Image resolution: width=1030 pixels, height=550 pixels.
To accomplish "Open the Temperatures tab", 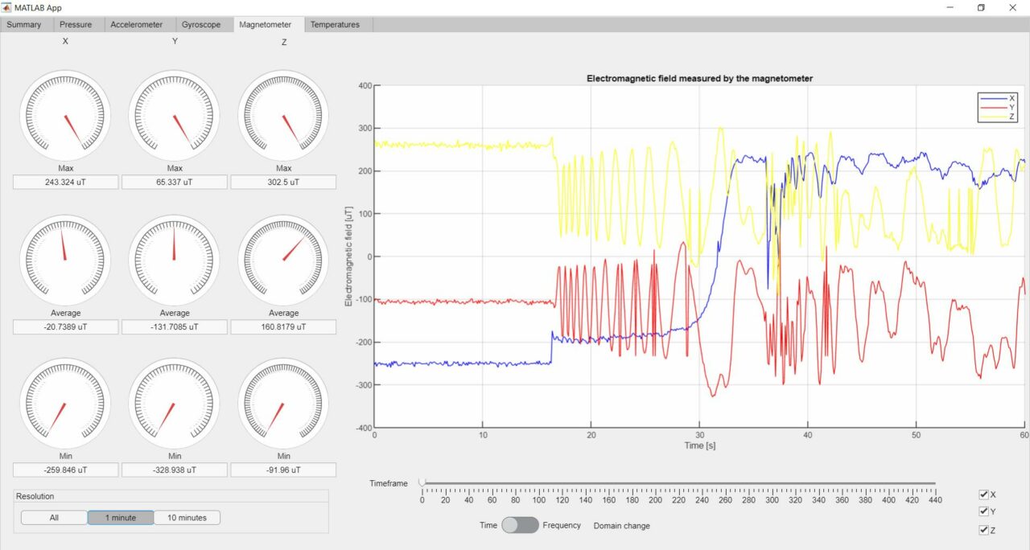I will pyautogui.click(x=335, y=25).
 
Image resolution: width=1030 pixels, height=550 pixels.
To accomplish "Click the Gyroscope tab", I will pyautogui.click(x=201, y=25).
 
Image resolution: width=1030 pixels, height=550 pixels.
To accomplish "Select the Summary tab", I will pyautogui.click(x=24, y=25).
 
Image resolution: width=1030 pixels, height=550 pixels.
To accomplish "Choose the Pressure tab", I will pyautogui.click(x=76, y=25).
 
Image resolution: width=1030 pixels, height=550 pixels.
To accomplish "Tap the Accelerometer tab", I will pyautogui.click(x=136, y=25).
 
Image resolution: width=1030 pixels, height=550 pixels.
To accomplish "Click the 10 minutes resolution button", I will pyautogui.click(x=187, y=518).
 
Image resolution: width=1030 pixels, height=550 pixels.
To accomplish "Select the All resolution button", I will pyautogui.click(x=54, y=518).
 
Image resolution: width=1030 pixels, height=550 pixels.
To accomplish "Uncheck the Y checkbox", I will pyautogui.click(x=984, y=511).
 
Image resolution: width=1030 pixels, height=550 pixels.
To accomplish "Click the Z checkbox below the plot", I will pyautogui.click(x=984, y=530).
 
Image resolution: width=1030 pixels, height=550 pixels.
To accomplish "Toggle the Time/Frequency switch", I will pyautogui.click(x=520, y=525).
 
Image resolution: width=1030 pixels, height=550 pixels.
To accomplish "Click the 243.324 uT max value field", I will pyautogui.click(x=65, y=183).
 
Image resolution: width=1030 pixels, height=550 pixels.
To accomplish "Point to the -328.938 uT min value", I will pyautogui.click(x=175, y=470).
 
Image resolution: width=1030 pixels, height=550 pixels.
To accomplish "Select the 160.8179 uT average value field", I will pyautogui.click(x=283, y=327).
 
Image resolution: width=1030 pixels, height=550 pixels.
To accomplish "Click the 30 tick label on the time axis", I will pyautogui.click(x=698, y=435).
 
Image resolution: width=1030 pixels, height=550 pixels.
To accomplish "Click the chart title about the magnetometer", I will pyautogui.click(x=699, y=79).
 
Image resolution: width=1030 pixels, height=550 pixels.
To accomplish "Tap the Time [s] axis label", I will pyautogui.click(x=699, y=445).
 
